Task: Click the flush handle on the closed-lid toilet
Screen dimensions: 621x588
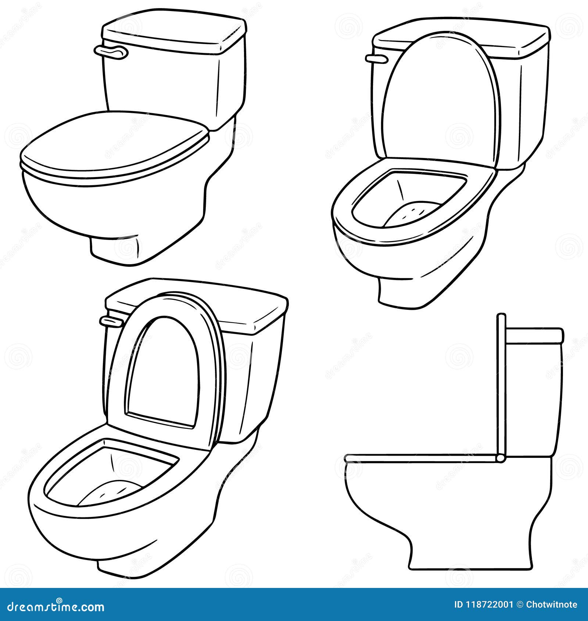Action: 111,52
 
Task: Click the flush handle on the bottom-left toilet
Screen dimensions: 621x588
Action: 110,322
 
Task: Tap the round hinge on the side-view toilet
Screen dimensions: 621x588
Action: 500,458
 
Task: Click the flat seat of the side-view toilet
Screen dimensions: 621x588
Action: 419,458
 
